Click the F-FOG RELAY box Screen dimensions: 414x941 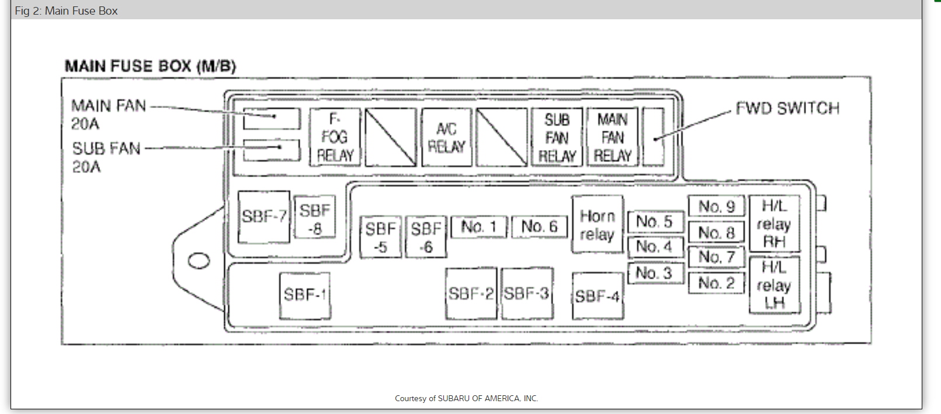(x=335, y=137)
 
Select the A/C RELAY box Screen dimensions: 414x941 (x=446, y=137)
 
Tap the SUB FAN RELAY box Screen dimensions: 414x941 (x=557, y=137)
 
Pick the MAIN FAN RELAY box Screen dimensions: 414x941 (x=612, y=137)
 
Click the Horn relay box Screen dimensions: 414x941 (x=597, y=224)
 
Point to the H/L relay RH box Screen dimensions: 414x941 (x=774, y=224)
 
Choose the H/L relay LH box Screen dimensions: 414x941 (x=774, y=285)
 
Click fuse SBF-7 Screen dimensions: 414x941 (x=264, y=217)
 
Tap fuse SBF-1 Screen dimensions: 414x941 (x=304, y=295)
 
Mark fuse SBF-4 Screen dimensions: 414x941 (x=597, y=296)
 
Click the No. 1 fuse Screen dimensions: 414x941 (x=478, y=227)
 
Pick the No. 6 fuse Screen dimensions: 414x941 (x=539, y=227)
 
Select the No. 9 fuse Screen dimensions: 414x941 (x=716, y=207)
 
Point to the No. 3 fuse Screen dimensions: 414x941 (x=654, y=273)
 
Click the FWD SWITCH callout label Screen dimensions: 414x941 (x=787, y=109)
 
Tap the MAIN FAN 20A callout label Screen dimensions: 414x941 (x=108, y=114)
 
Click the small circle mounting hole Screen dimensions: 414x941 (x=199, y=260)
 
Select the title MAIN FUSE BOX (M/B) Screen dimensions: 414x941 (x=150, y=66)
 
